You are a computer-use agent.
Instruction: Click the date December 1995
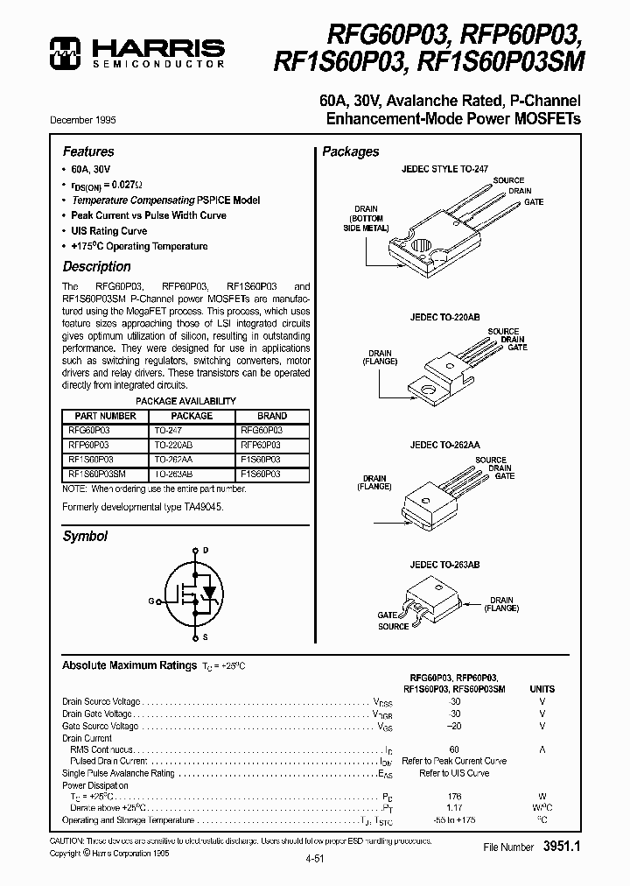click(88, 120)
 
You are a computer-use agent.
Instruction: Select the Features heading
click(88, 151)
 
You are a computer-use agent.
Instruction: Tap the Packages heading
click(350, 151)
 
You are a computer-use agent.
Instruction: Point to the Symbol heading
click(85, 536)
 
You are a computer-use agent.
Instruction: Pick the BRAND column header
click(272, 416)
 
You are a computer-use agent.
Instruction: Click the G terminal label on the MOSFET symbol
click(151, 601)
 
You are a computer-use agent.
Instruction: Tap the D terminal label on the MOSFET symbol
click(205, 551)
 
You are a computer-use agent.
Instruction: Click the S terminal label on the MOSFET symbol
click(205, 639)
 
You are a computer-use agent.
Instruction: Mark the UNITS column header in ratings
click(542, 689)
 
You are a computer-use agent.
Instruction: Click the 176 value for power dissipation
click(454, 796)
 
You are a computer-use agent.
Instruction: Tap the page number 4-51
click(315, 860)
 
